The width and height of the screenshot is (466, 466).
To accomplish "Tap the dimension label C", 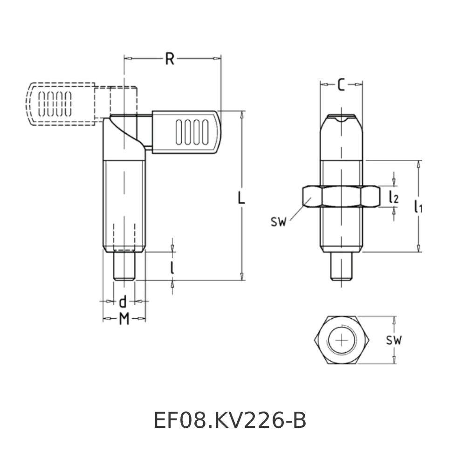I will point(341,84).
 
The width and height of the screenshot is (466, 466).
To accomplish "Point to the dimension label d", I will point(123,302).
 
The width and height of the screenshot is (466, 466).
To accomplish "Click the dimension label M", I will point(123,319).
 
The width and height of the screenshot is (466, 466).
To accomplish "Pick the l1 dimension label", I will point(418,207).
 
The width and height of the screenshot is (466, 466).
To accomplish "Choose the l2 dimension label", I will point(394,197).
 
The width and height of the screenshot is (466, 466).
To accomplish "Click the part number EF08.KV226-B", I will point(230,421).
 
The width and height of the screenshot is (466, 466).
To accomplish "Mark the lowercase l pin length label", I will point(172,267).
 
